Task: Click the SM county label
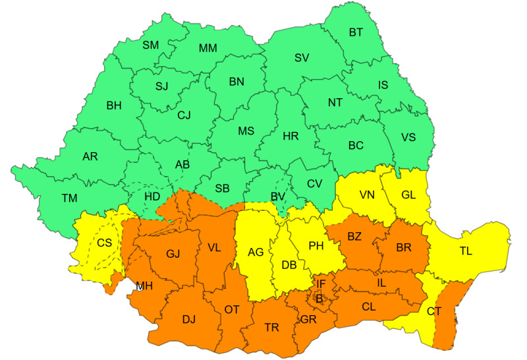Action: pyautogui.click(x=150, y=45)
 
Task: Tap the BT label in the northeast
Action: pyautogui.click(x=356, y=32)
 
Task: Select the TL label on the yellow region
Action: pyautogui.click(x=466, y=251)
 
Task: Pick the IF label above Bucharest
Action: pyautogui.click(x=321, y=284)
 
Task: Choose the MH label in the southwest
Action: pyautogui.click(x=145, y=285)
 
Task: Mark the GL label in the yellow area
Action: pyautogui.click(x=408, y=195)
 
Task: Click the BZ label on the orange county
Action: pyautogui.click(x=355, y=236)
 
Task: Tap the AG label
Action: pyautogui.click(x=256, y=251)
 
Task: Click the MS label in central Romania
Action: pyautogui.click(x=246, y=131)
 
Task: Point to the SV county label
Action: pyautogui.click(x=302, y=57)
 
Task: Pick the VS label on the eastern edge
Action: pyautogui.click(x=408, y=138)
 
